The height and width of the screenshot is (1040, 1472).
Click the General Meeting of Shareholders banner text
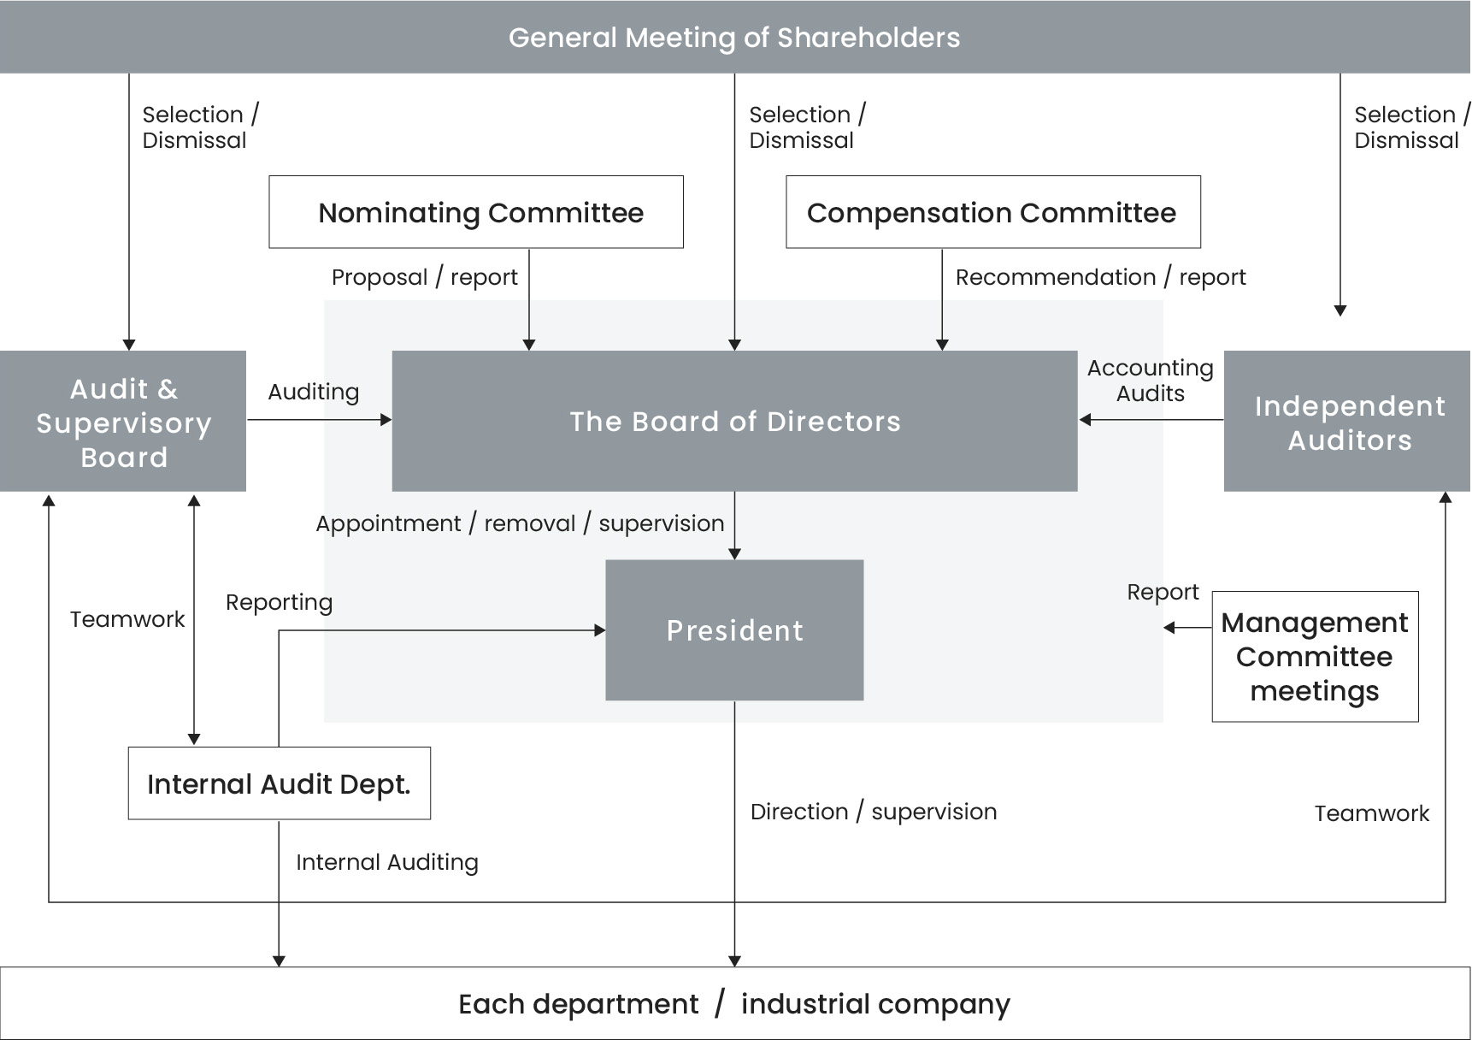click(734, 38)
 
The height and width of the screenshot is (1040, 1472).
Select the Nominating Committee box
click(476, 212)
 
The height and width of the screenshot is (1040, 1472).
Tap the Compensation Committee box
click(992, 212)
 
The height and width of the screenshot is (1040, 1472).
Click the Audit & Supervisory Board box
click(123, 422)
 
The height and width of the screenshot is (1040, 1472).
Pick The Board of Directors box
click(734, 421)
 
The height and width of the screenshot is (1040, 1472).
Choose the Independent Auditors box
click(1348, 422)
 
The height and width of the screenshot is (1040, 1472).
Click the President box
click(734, 630)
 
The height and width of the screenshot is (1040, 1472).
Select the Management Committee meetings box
click(1315, 657)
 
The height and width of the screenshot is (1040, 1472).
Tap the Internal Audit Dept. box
click(279, 783)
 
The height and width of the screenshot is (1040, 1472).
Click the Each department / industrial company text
click(734, 1003)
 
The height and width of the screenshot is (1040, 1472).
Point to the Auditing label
click(313, 392)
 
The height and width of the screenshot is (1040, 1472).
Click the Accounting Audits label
click(1150, 381)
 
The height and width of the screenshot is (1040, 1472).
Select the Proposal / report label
click(424, 277)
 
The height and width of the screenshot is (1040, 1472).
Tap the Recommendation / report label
click(1100, 277)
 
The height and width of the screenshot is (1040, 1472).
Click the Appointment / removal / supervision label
click(520, 523)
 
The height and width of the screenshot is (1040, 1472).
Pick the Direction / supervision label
click(873, 812)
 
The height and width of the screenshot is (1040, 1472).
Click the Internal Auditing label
click(386, 862)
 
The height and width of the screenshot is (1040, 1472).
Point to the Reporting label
click(279, 602)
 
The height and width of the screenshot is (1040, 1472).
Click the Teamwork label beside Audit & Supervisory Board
click(127, 619)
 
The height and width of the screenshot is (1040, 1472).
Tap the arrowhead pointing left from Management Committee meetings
click(1169, 628)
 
